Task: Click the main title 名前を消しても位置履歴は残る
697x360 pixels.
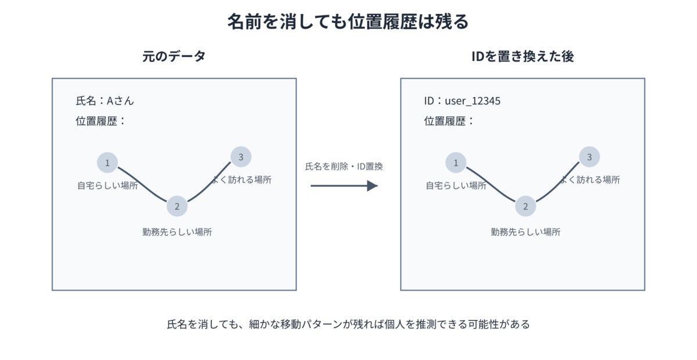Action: click(x=348, y=21)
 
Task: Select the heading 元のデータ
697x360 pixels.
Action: click(x=174, y=56)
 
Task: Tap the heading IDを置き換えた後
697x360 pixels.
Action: click(x=522, y=56)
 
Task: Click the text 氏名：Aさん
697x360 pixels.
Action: click(x=105, y=101)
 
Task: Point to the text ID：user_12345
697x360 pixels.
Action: click(x=462, y=101)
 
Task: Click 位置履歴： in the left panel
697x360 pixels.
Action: click(x=100, y=121)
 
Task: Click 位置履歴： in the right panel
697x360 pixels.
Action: click(x=448, y=121)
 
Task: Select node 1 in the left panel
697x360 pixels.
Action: click(x=107, y=163)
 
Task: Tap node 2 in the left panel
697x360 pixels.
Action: click(x=177, y=206)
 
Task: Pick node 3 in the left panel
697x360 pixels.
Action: click(x=241, y=157)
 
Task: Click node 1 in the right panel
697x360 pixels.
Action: click(x=456, y=163)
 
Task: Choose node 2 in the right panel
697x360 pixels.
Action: click(x=526, y=206)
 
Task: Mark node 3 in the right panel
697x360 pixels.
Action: click(x=590, y=157)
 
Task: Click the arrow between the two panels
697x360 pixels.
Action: click(x=344, y=186)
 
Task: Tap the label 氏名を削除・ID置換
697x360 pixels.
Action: click(x=344, y=167)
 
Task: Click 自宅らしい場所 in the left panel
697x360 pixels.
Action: click(x=107, y=185)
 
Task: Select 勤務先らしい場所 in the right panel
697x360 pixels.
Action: click(x=526, y=232)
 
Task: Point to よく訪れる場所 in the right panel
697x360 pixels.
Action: click(x=590, y=179)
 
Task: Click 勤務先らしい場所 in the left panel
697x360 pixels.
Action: click(x=177, y=232)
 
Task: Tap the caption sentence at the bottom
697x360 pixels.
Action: click(x=348, y=324)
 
